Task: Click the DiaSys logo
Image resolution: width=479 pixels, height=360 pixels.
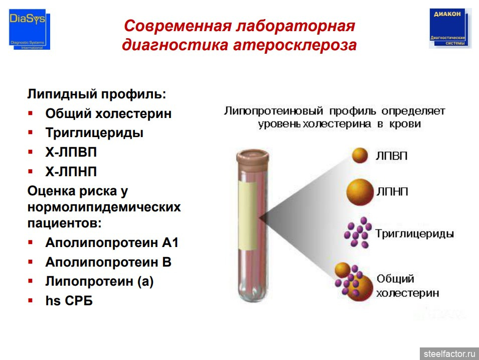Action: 29,29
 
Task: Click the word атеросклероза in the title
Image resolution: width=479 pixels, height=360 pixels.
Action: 295,45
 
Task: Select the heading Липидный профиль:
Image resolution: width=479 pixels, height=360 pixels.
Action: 96,94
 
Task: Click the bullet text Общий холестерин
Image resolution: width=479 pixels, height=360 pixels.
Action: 108,113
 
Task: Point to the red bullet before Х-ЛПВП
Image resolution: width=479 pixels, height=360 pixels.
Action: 30,152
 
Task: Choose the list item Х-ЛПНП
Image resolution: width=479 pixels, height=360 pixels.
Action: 71,172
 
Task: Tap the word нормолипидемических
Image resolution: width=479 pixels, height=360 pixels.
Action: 104,207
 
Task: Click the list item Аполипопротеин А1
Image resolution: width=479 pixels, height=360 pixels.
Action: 112,243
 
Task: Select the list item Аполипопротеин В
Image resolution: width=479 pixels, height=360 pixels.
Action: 108,262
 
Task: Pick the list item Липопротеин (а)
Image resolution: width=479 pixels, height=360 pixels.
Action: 99,281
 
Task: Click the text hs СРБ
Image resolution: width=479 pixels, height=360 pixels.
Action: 69,301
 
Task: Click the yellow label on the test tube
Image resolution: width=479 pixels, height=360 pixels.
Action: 248,215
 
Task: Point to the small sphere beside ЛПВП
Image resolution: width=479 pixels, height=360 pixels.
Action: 360,155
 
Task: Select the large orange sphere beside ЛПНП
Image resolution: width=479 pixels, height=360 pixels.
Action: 360,192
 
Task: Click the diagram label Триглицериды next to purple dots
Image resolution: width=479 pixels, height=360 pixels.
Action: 414,233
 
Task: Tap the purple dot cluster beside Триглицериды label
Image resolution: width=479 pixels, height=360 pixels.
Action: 358,232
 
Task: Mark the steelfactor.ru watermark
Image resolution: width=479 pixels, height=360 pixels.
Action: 449,354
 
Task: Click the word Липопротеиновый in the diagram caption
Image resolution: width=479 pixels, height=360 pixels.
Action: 273,110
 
